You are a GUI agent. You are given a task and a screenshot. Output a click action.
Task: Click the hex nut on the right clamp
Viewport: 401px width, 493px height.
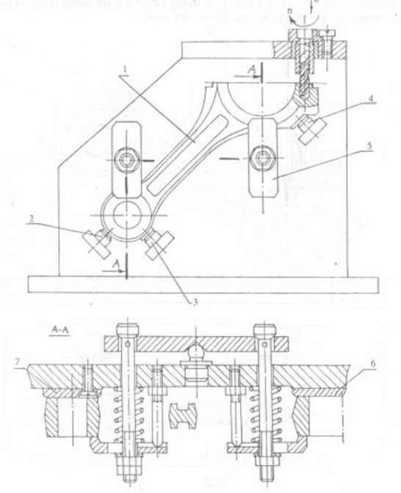pyautogui.click(x=261, y=156)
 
